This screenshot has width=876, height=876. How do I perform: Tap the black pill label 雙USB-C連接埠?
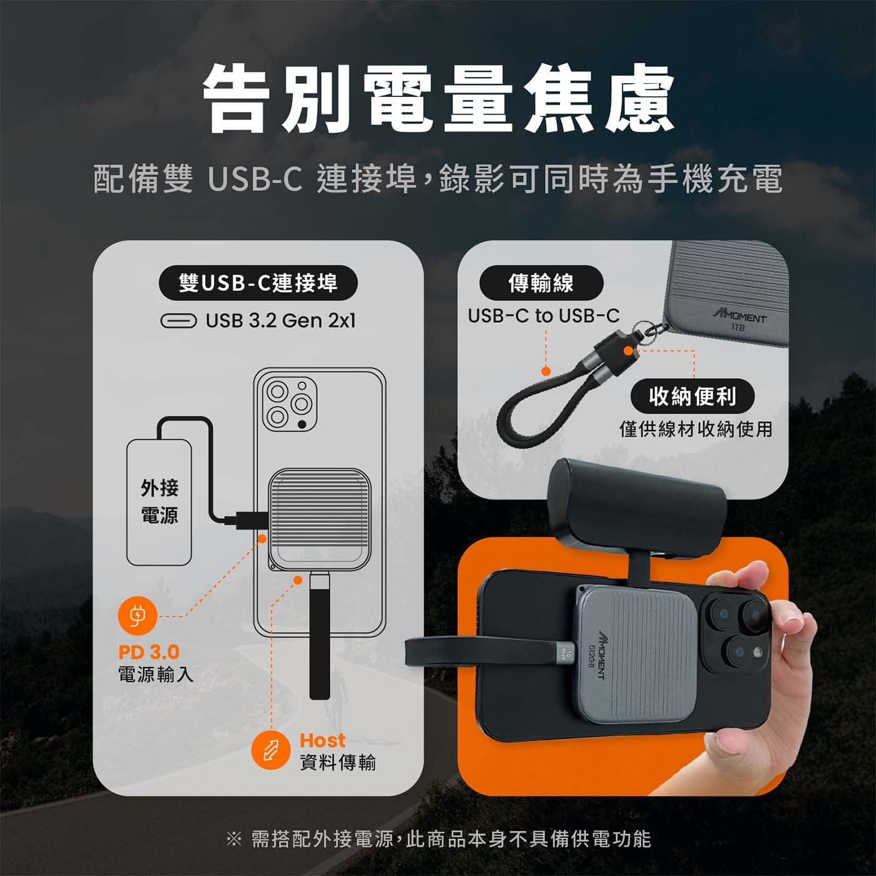click(258, 283)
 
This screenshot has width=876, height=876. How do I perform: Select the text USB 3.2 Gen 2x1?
click(280, 321)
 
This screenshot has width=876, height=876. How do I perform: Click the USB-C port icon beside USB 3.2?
click(178, 321)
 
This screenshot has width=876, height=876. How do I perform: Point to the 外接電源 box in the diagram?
click(159, 502)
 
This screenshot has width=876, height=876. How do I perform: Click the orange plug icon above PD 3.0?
click(137, 616)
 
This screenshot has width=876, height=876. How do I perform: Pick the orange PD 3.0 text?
click(149, 652)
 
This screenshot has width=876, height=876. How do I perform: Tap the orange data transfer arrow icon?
click(270, 749)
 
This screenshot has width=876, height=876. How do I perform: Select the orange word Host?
click(322, 740)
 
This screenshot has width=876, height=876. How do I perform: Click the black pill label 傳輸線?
click(541, 283)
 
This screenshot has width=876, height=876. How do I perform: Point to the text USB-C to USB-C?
click(543, 315)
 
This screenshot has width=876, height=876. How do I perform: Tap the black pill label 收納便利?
click(692, 396)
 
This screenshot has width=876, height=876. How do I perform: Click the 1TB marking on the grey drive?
click(738, 327)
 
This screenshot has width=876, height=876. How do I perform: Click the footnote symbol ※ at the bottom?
click(233, 839)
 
